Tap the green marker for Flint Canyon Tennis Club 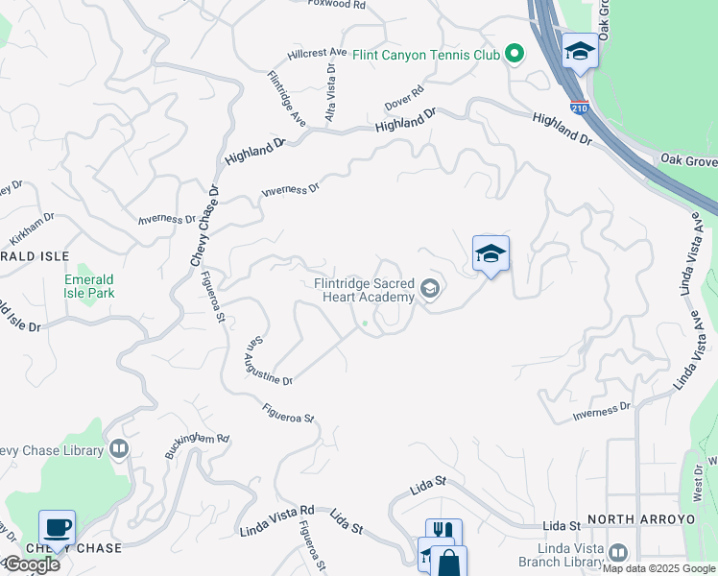coord(515,54)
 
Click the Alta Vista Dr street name coord(331,92)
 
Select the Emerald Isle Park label coord(89,286)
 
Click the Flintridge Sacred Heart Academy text coord(365,290)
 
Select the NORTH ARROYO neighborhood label coord(640,519)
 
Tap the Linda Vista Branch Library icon coord(617,553)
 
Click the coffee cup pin coord(57,528)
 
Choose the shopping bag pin coord(448,564)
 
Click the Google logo coord(31,564)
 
